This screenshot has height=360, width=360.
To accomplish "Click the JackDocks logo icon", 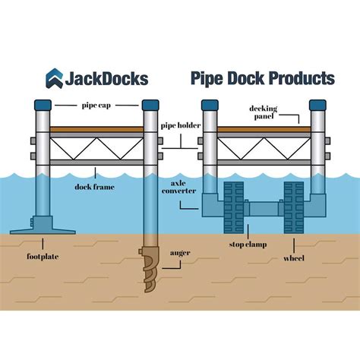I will click(55, 78).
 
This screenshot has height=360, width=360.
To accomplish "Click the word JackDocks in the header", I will click(107, 78).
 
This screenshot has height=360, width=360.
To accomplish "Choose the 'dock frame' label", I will click(94, 185).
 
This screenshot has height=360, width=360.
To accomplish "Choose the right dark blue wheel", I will click(292, 205).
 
